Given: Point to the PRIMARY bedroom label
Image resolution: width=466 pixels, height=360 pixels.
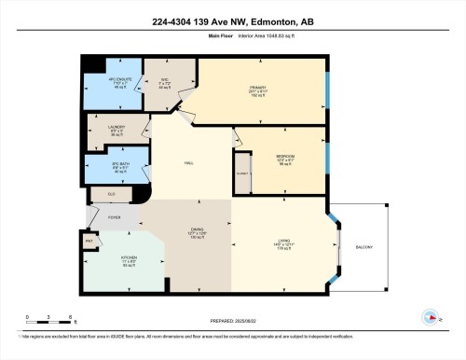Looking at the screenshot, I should point(258,90).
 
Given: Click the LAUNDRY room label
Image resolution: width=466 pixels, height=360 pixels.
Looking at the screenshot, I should point(104,130).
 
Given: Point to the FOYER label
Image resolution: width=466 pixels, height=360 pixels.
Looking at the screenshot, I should point(114,217).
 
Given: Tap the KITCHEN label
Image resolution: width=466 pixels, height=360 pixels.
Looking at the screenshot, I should point(116,262).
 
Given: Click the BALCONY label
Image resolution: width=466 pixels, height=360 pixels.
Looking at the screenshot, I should point(363,246).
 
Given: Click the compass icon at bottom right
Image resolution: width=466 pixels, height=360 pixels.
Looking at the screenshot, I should point(431,316).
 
